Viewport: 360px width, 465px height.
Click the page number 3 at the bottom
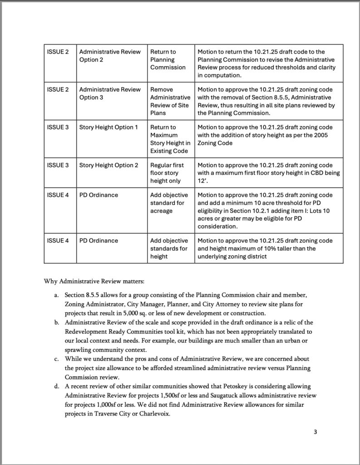tap(315, 432)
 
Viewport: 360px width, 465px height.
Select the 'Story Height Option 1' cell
tap(108, 127)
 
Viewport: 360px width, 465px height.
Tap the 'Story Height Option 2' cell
tap(108, 165)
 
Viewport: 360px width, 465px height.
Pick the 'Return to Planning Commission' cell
tap(168, 59)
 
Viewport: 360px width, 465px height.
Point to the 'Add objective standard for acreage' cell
tap(168, 203)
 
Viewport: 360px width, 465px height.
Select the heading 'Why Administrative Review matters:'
tap(94, 281)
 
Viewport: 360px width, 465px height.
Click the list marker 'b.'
tap(57, 322)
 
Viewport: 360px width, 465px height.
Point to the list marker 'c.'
tap(57, 359)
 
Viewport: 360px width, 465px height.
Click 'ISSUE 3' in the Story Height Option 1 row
tap(58, 127)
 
